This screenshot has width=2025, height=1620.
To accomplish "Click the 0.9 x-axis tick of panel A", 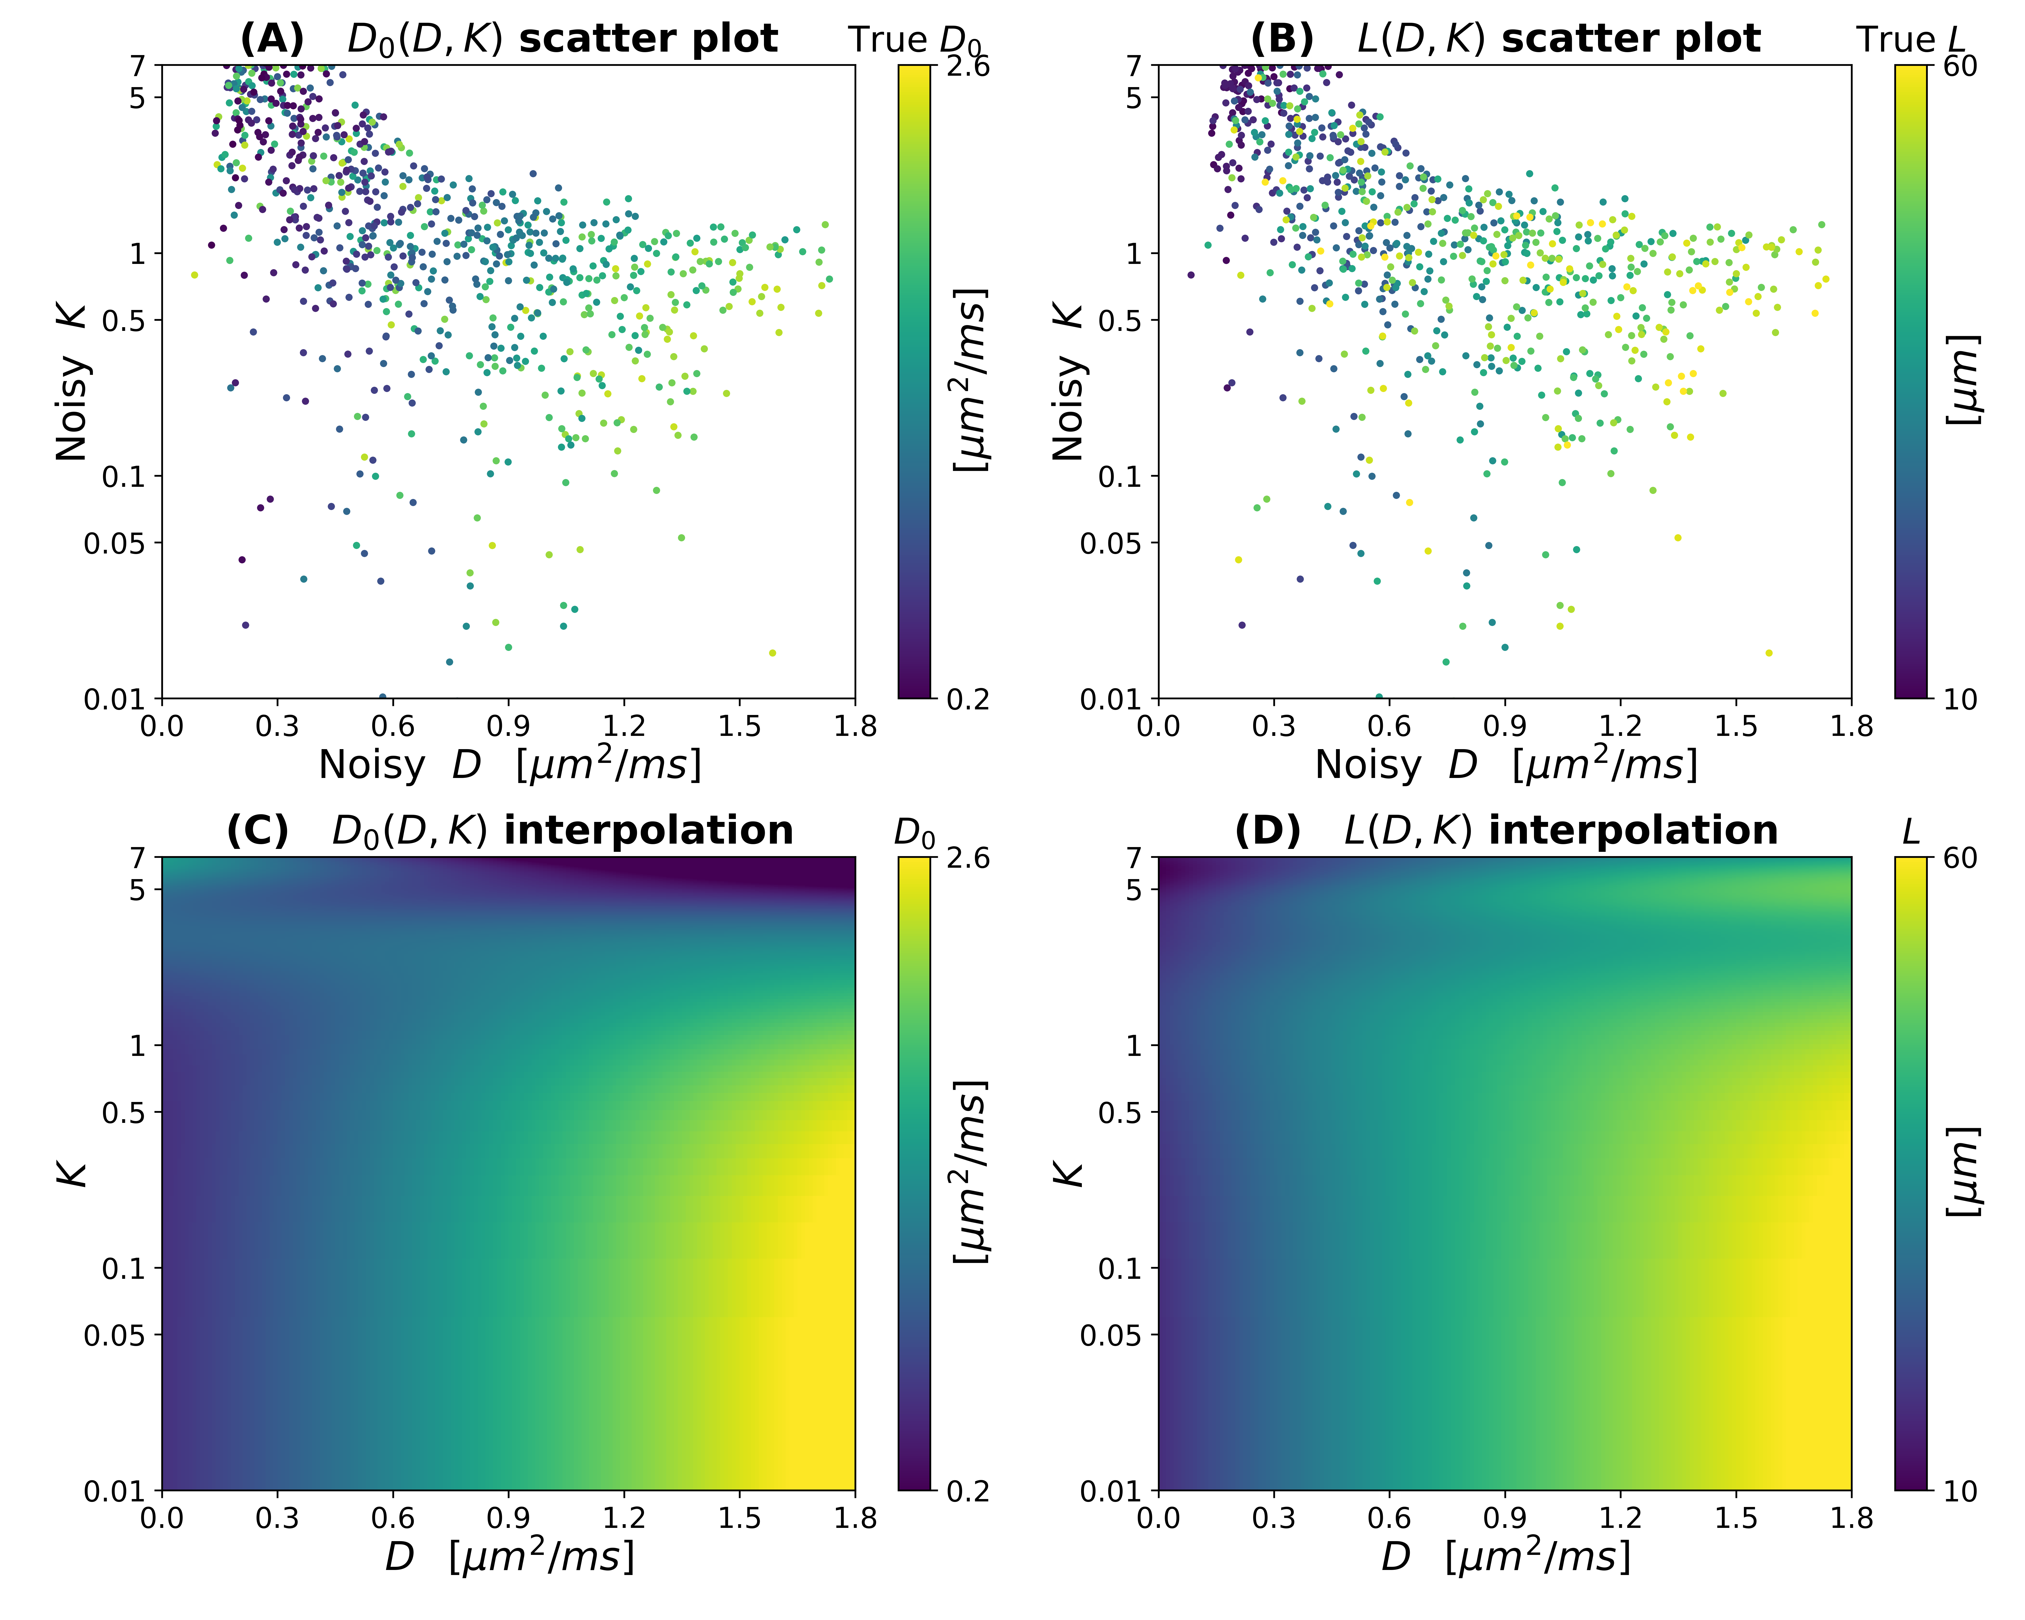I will [508, 726].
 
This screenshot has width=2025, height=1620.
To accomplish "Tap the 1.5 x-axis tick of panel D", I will [1736, 1519].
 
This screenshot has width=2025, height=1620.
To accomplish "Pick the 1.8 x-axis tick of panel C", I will [855, 1519].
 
